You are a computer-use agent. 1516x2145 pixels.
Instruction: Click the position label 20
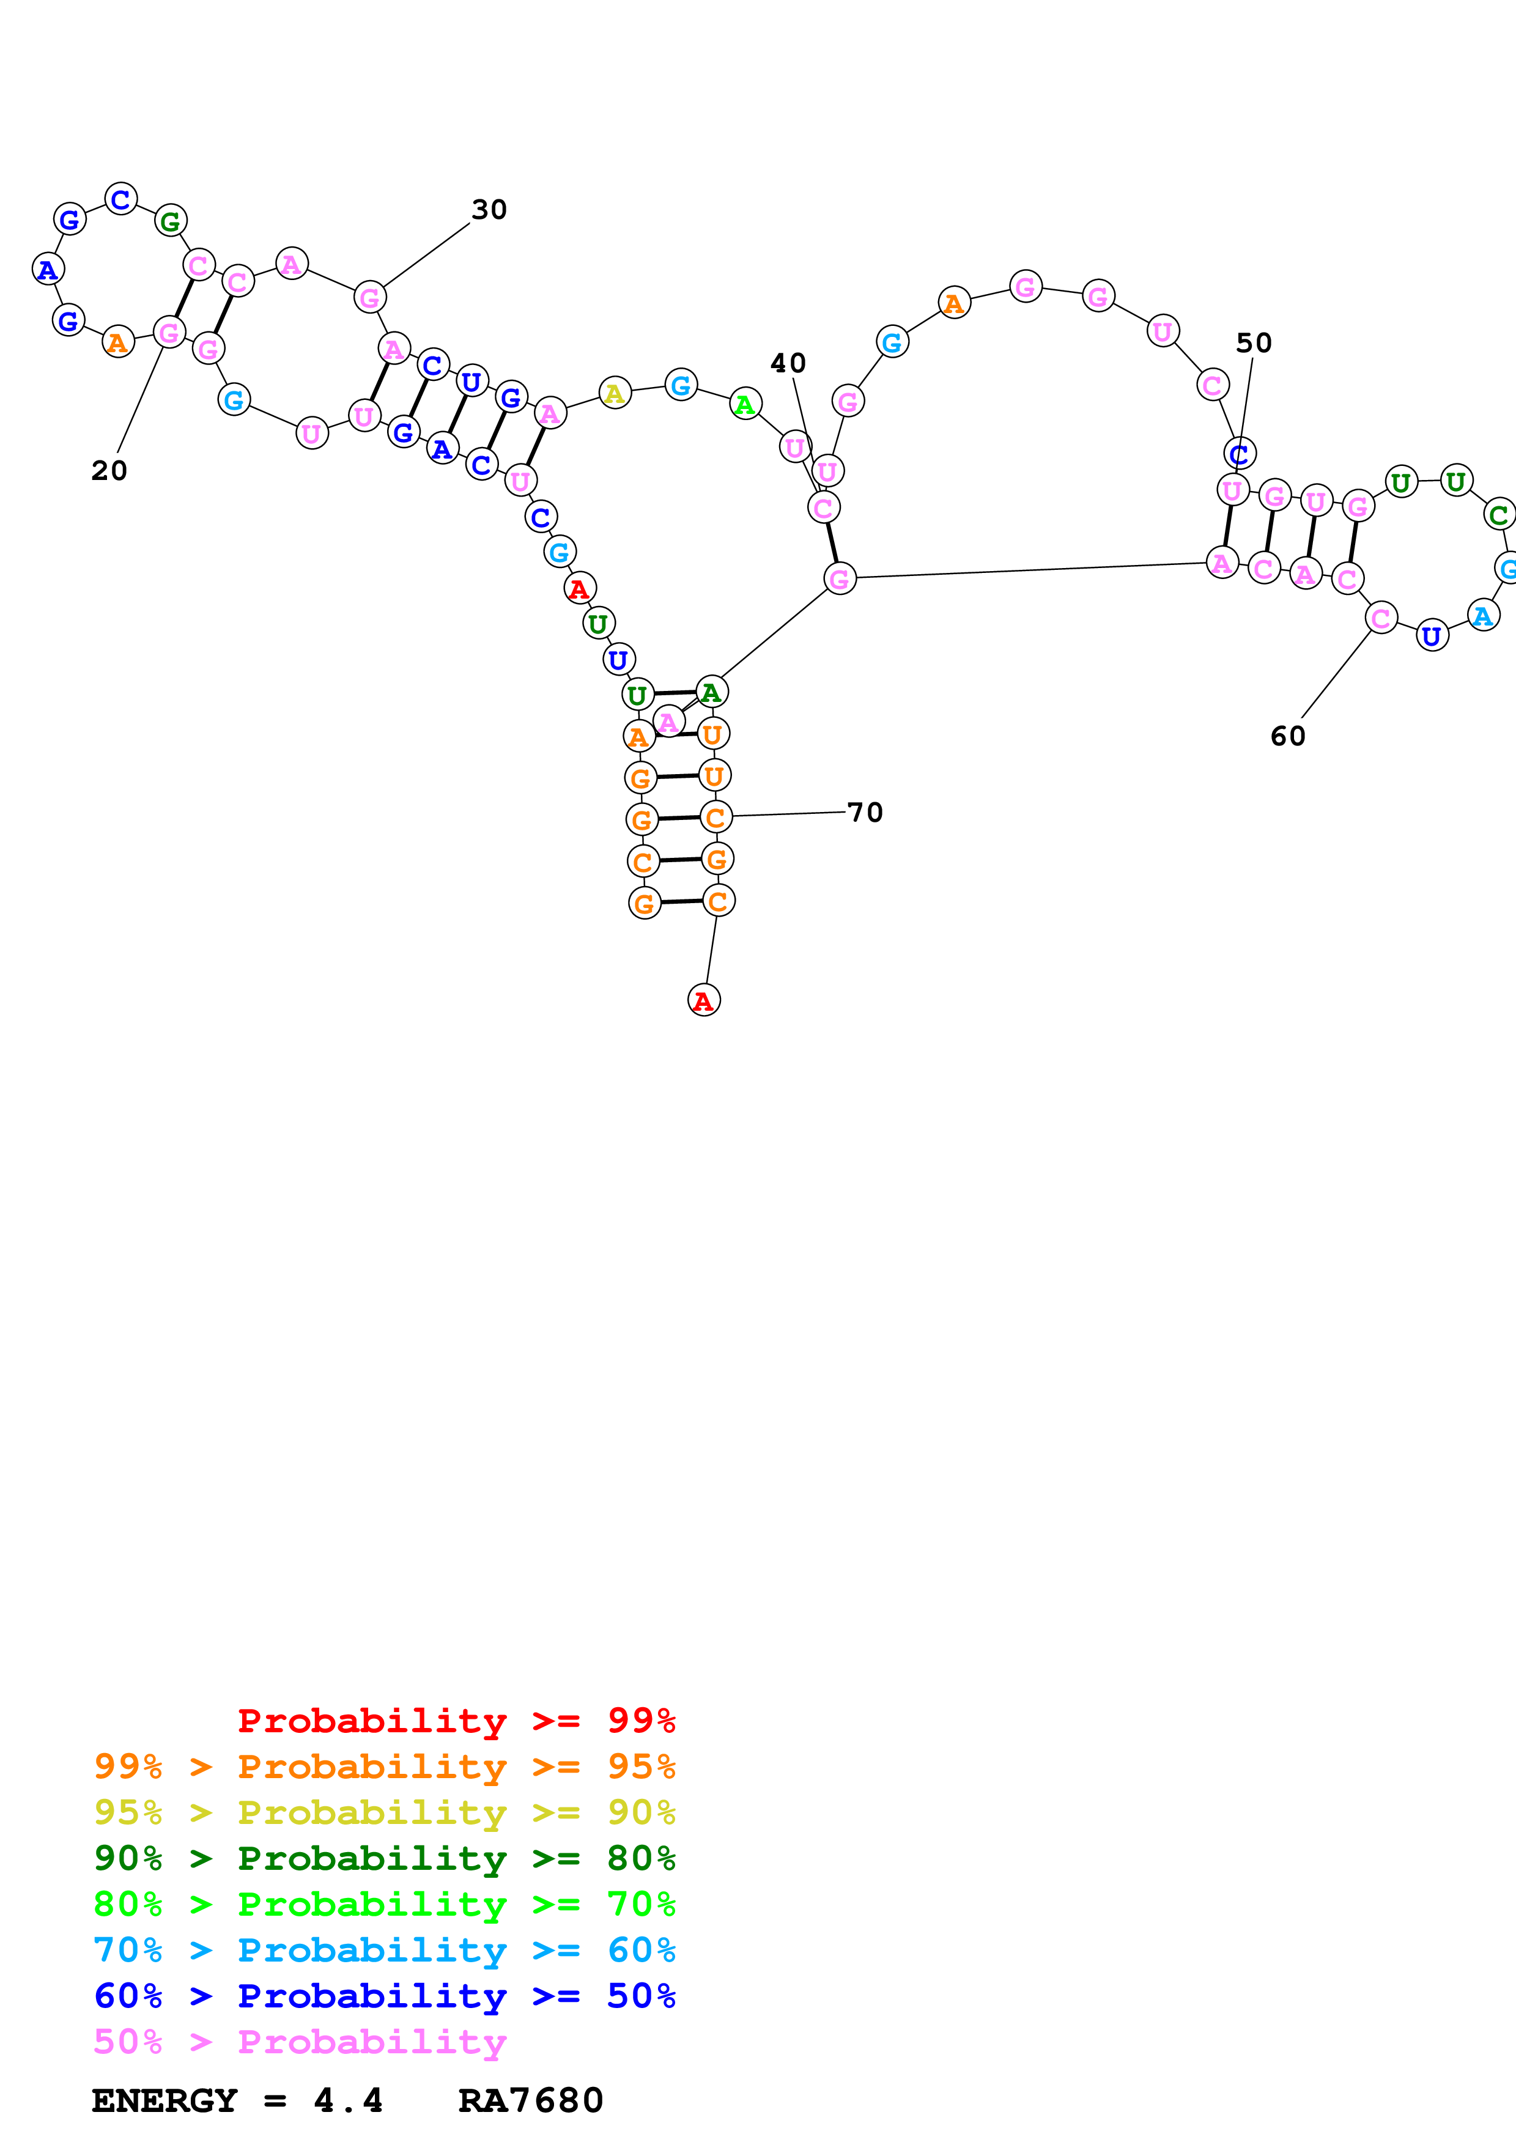(x=109, y=470)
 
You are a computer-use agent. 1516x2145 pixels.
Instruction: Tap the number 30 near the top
(x=489, y=209)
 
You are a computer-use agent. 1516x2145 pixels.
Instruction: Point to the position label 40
(x=788, y=363)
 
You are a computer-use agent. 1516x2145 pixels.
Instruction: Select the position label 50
(x=1254, y=343)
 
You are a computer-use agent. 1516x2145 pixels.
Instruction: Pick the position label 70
(x=865, y=812)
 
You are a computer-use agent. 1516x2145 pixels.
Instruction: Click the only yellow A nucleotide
(x=615, y=393)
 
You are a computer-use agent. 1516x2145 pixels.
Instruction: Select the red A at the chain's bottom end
(x=703, y=1000)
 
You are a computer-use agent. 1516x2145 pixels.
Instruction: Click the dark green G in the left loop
(x=170, y=221)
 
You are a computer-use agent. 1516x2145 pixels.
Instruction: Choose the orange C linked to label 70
(x=715, y=818)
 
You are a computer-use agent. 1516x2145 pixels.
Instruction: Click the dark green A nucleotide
(x=711, y=692)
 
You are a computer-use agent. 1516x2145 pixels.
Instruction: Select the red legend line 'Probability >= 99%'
(x=456, y=1720)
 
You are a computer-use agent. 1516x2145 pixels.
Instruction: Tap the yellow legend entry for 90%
(x=384, y=1812)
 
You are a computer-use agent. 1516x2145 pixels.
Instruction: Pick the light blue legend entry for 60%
(x=384, y=1950)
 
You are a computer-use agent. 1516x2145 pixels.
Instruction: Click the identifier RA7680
(x=531, y=2101)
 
